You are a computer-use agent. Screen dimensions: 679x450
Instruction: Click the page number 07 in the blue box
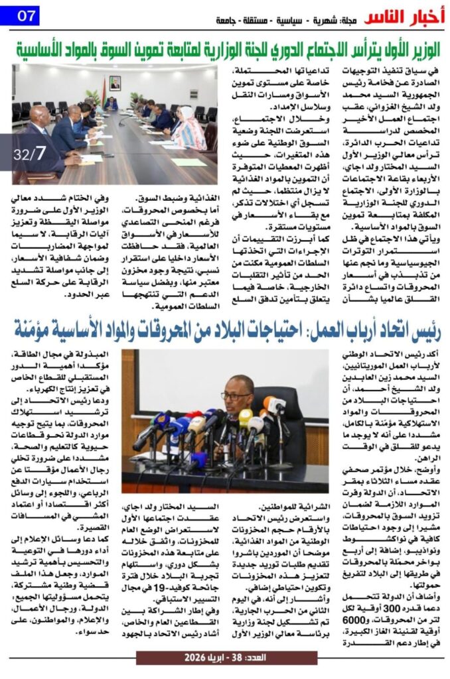(23, 14)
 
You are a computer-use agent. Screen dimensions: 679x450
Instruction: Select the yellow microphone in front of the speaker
(245, 417)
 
